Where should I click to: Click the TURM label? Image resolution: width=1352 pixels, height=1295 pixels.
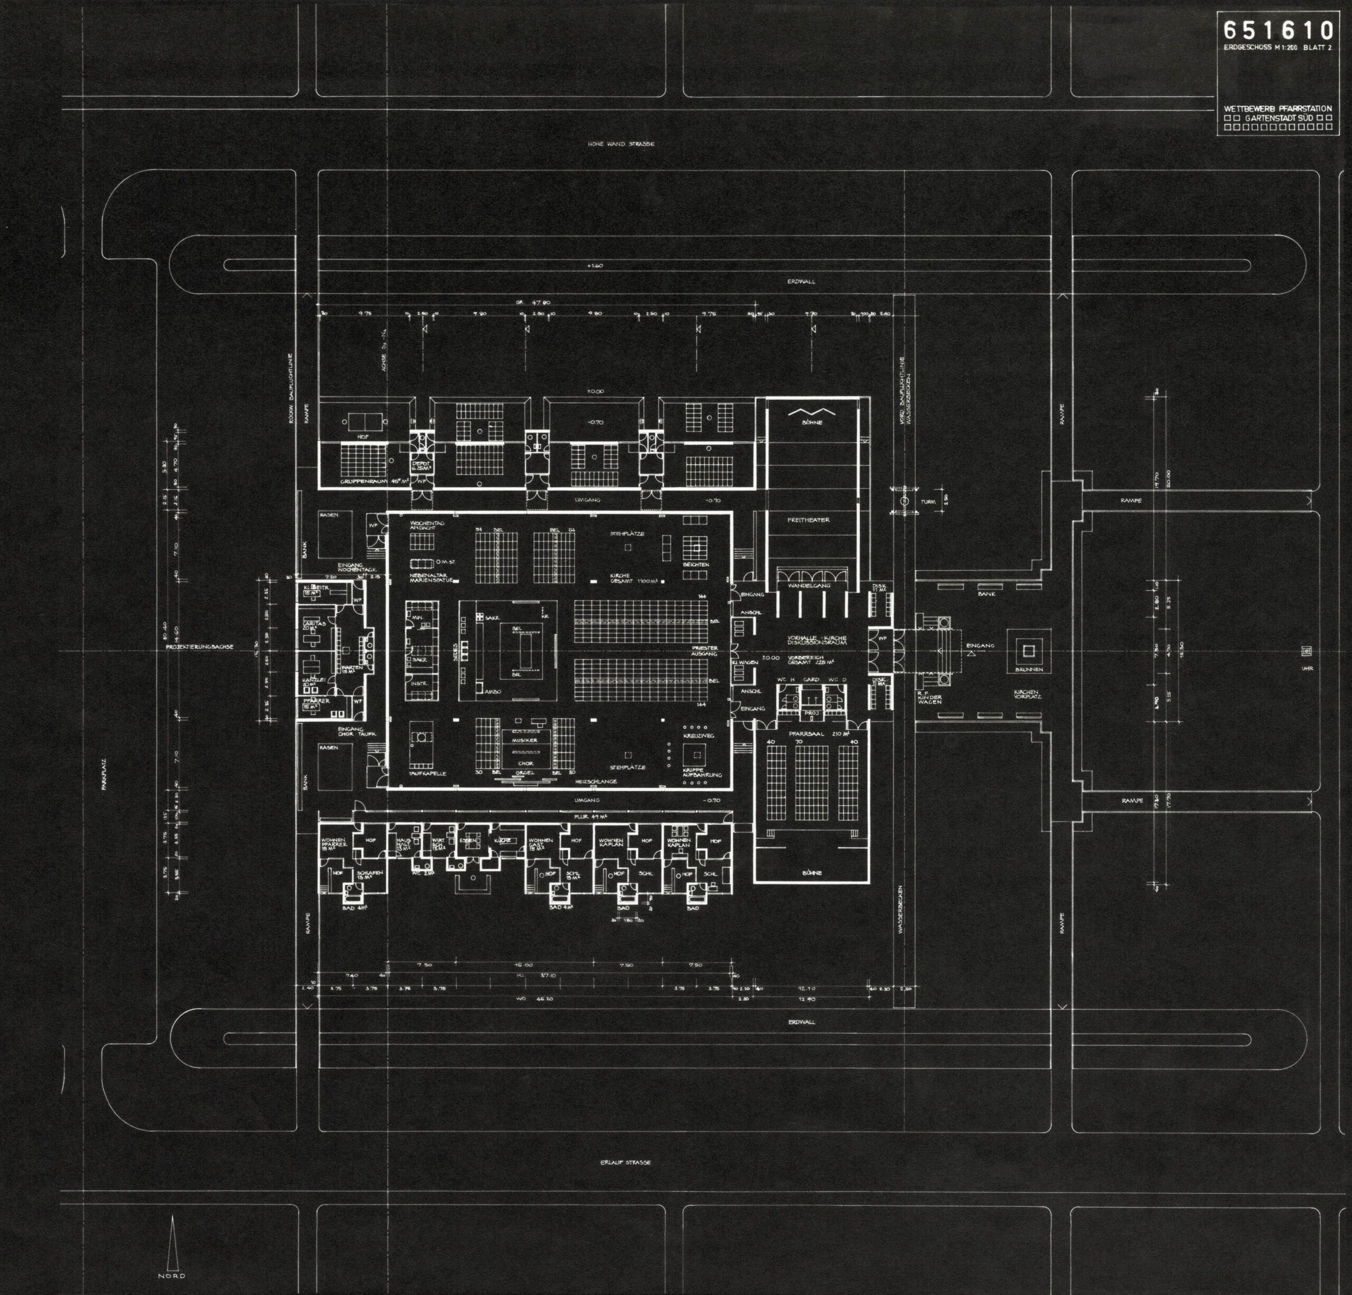[928, 502]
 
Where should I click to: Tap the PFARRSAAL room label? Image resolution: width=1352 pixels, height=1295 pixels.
[804, 734]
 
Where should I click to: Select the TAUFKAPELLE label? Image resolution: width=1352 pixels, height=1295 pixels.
[428, 773]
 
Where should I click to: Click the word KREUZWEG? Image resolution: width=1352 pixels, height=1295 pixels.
[698, 736]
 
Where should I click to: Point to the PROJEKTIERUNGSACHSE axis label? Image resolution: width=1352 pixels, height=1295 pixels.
[199, 647]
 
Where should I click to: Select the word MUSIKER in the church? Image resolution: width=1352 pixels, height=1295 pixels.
[525, 739]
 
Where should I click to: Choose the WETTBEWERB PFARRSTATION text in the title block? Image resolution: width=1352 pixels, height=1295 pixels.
[1278, 109]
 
